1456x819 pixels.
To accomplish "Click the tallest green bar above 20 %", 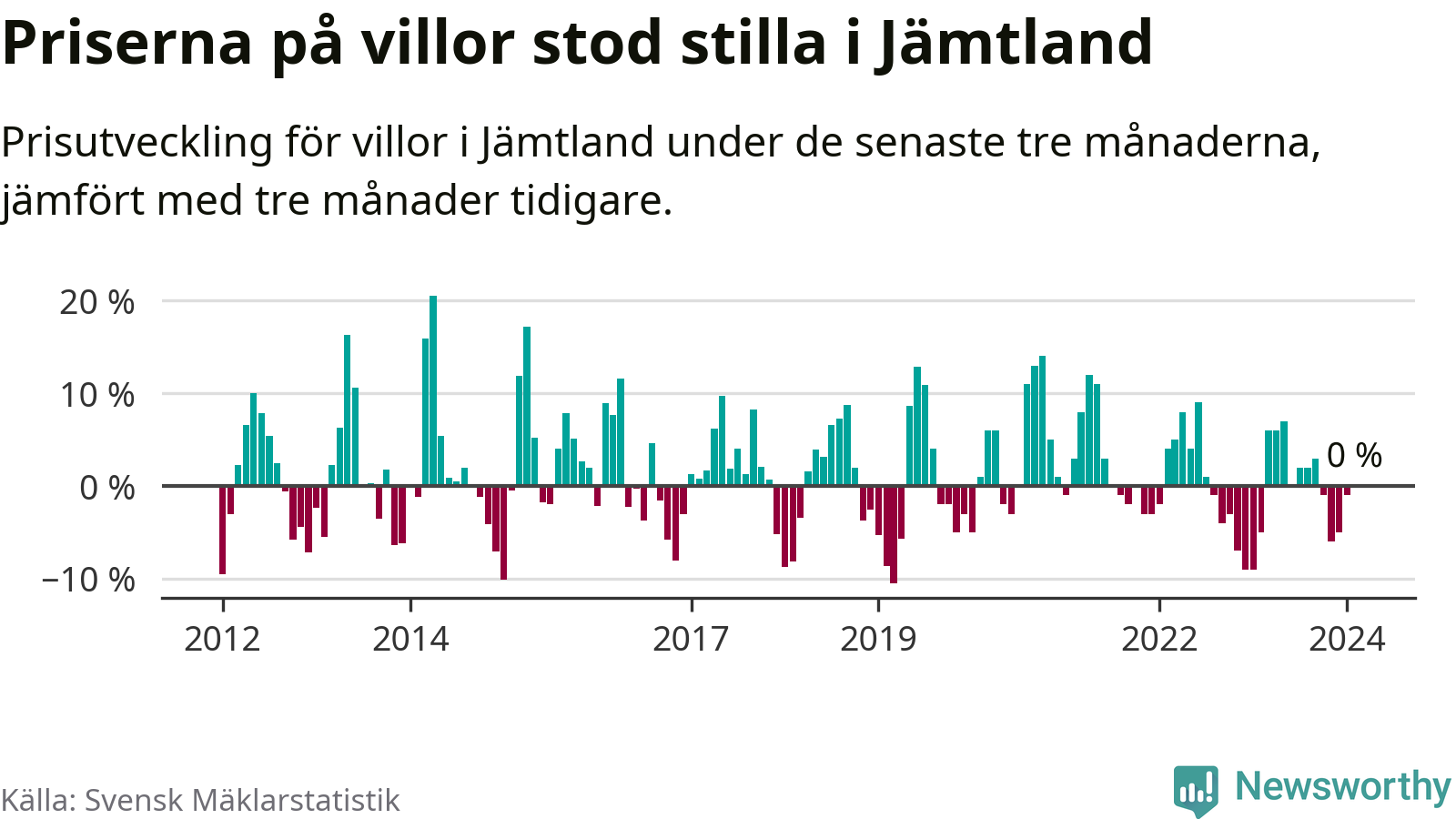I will pyautogui.click(x=433, y=391).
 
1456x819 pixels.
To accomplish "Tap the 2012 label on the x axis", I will pyautogui.click(x=222, y=639).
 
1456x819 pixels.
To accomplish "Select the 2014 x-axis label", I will pyautogui.click(x=410, y=639).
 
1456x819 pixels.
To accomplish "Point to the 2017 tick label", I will pyautogui.click(x=691, y=639).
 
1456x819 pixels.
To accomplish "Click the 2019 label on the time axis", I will pyautogui.click(x=878, y=639).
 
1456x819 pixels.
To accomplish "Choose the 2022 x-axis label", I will pyautogui.click(x=1158, y=639).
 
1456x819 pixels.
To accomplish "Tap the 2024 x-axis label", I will pyautogui.click(x=1346, y=639).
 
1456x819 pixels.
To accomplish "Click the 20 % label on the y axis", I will pyautogui.click(x=97, y=302).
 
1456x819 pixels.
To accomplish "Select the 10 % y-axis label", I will pyautogui.click(x=97, y=396).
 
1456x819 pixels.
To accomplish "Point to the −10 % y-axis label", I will pyautogui.click(x=88, y=580).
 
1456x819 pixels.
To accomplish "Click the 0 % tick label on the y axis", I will pyautogui.click(x=106, y=488).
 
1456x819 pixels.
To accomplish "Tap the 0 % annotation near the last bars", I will pyautogui.click(x=1354, y=455).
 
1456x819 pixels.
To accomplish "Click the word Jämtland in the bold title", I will pyautogui.click(x=1015, y=42).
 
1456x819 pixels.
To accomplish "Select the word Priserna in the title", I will pyautogui.click(x=127, y=42).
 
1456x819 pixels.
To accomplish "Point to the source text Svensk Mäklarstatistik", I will pyautogui.click(x=242, y=800).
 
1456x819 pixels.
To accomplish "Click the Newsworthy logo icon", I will pyautogui.click(x=1195, y=790).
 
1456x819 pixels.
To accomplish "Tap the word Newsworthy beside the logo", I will pyautogui.click(x=1342, y=786).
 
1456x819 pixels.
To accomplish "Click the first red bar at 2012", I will pyautogui.click(x=222, y=530).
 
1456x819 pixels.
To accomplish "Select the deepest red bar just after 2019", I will pyautogui.click(x=894, y=534).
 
